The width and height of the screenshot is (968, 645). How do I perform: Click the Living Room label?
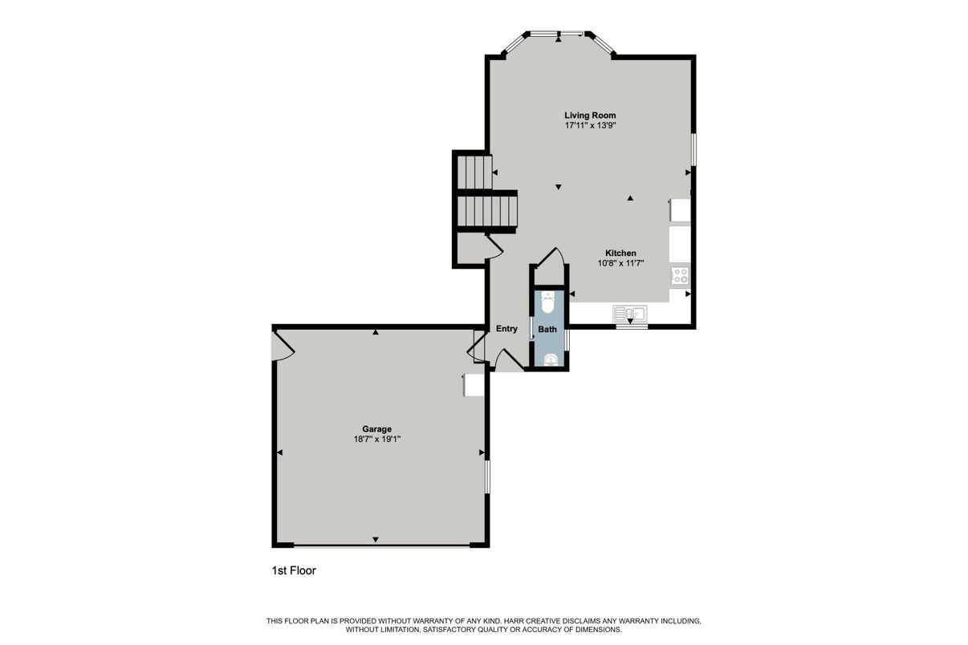590,116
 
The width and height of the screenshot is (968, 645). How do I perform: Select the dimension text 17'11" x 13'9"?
590,126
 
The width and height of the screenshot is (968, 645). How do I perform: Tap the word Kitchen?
620,253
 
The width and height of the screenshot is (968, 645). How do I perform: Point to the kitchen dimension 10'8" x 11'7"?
620,263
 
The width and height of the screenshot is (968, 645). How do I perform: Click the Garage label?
376,429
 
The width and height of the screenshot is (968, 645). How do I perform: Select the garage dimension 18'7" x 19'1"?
376,440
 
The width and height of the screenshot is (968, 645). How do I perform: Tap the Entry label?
506,329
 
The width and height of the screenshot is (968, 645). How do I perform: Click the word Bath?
547,330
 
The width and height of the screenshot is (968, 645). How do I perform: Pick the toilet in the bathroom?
548,302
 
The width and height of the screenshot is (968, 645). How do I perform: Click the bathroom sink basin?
550,359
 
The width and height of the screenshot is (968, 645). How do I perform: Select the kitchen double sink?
630,313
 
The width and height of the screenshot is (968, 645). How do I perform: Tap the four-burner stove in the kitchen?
680,276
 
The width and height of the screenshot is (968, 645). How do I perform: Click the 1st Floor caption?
294,571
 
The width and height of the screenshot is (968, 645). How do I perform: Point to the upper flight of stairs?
474,172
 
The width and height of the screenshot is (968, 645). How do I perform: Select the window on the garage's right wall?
487,476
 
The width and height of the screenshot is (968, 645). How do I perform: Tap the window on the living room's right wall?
693,149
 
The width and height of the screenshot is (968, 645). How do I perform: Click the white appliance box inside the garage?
474,385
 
